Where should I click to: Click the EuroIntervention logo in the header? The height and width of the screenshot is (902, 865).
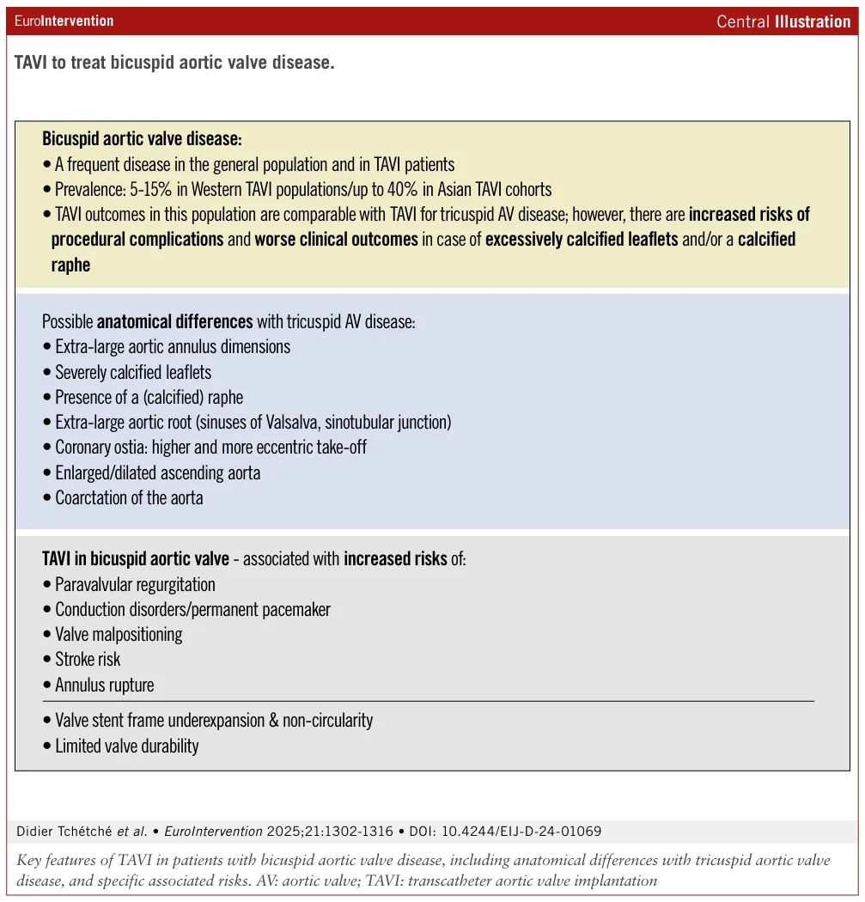[64, 21]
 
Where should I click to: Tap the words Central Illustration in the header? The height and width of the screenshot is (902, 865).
[783, 21]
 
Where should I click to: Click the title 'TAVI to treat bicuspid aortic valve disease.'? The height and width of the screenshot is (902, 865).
[174, 64]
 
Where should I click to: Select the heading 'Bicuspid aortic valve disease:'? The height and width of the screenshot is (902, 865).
[143, 138]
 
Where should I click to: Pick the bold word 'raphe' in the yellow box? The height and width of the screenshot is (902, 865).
[70, 265]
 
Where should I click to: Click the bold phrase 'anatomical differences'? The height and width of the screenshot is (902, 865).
[174, 322]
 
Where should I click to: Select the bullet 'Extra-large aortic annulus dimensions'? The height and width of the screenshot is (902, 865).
[173, 347]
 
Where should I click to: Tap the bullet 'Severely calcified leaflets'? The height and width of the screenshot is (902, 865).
[133, 372]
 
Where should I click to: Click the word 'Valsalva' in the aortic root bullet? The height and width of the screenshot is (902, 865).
[350, 423]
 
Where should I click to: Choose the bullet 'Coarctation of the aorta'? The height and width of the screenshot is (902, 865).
[129, 497]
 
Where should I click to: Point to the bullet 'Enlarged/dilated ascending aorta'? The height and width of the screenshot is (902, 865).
[157, 472]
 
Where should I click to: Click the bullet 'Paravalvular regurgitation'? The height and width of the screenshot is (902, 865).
[135, 585]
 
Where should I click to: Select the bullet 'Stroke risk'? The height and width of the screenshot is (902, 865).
[88, 660]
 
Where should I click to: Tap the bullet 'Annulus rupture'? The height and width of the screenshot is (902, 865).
[105, 685]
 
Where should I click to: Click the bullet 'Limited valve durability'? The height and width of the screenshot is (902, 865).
[126, 746]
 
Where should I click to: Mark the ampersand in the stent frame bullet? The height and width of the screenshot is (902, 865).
[275, 721]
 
